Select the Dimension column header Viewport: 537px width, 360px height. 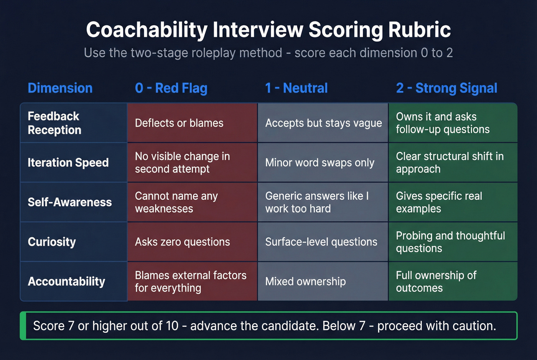coord(60,88)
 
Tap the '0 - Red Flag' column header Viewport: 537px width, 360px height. coord(171,88)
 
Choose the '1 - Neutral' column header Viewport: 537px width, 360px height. coord(297,88)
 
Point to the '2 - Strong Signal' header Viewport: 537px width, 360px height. coord(446,88)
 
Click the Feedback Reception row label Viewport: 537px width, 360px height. coord(54,123)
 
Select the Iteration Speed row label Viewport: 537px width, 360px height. coord(68,163)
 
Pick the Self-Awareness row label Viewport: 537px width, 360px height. coord(70,202)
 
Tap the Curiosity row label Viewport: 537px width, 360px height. coord(52,242)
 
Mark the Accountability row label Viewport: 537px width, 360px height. coord(66,281)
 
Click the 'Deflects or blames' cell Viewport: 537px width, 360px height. coord(179,123)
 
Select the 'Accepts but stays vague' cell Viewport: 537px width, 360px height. coord(323,123)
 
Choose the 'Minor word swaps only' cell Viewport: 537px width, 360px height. coord(320,163)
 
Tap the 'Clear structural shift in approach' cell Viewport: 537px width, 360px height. coord(450,163)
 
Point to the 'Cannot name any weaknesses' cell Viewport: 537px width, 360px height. coord(176,202)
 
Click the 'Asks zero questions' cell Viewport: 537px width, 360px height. coord(183,242)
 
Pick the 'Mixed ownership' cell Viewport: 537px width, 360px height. coord(305,281)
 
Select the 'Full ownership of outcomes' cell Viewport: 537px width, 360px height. coord(436,281)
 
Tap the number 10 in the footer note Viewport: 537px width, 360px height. coord(172,326)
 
